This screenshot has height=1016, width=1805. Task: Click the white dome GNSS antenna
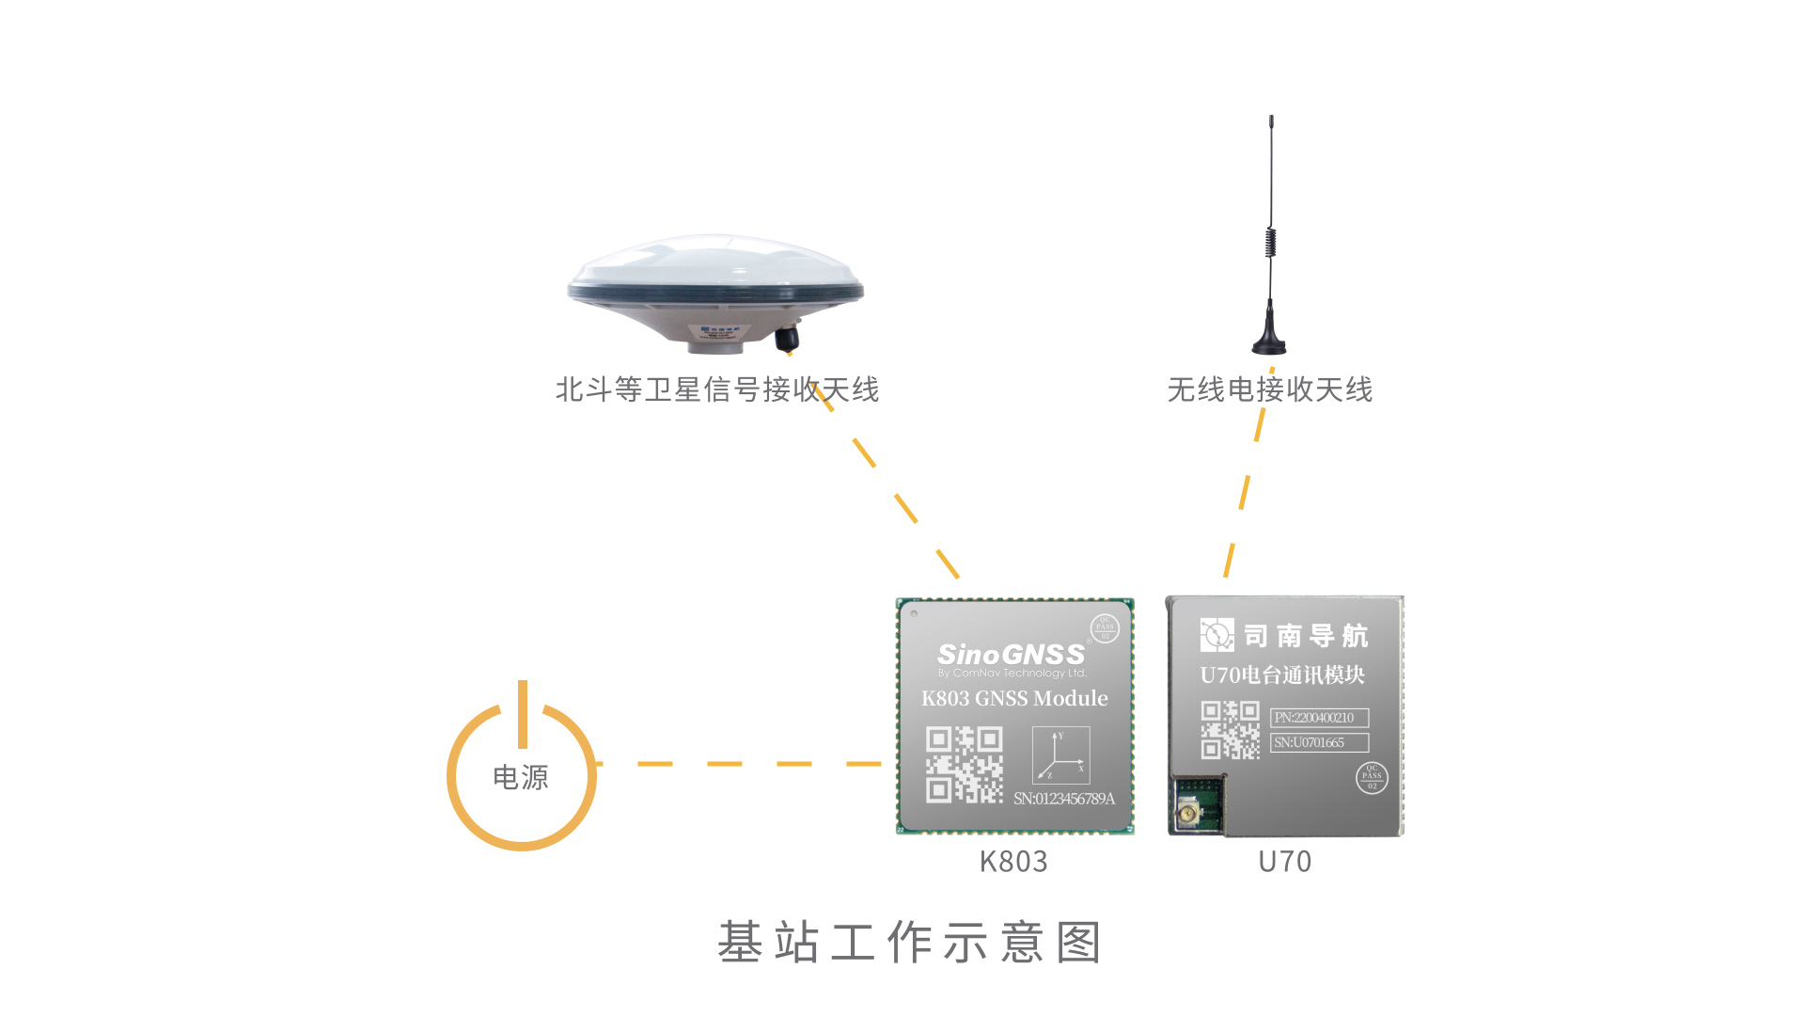click(714, 282)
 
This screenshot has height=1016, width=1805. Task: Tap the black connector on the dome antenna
click(787, 338)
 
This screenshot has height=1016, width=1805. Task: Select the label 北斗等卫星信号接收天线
click(716, 389)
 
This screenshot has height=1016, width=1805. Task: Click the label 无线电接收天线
click(1269, 389)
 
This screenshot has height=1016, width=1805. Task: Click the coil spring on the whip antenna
click(1270, 242)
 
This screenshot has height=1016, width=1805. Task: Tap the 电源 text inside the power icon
click(521, 778)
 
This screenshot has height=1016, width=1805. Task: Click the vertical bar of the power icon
click(523, 713)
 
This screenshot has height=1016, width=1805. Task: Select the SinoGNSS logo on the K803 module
click(1011, 655)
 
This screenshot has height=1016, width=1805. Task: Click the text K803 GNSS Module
click(1014, 699)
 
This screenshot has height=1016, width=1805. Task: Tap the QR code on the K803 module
click(964, 765)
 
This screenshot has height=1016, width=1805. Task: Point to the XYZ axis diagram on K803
click(1060, 755)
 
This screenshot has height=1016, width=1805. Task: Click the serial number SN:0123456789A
click(1064, 799)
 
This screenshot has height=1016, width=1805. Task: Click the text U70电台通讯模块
click(1282, 675)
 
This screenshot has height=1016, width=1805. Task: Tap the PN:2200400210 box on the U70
click(1319, 718)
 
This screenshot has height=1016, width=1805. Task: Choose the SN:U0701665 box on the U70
click(1319, 742)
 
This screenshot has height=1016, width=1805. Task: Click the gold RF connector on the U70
click(1186, 811)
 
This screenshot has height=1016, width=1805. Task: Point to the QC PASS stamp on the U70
click(1372, 778)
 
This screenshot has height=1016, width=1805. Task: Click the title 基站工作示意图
click(909, 943)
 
